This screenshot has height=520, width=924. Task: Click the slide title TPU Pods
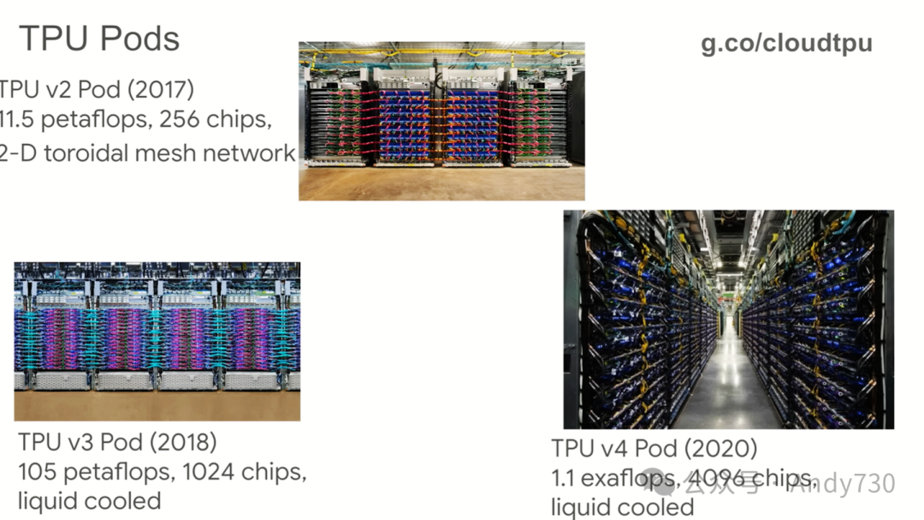[x=99, y=39]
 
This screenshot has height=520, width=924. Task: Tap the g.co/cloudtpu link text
[x=786, y=44]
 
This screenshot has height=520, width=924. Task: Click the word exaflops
[x=631, y=478]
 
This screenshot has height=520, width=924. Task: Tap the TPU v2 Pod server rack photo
[x=441, y=120]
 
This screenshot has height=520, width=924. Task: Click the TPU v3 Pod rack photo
[x=157, y=341]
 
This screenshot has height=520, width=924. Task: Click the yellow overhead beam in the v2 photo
[x=441, y=52]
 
